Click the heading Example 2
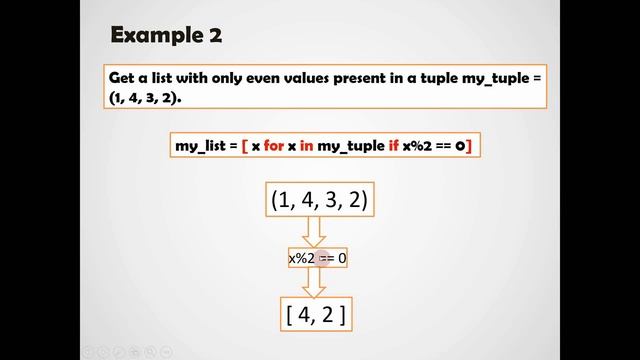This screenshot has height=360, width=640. [166, 35]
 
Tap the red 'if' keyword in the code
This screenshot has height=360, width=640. [392, 146]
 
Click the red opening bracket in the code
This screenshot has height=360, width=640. [244, 146]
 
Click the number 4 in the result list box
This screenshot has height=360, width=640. [304, 316]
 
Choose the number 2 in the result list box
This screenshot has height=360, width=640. [329, 316]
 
